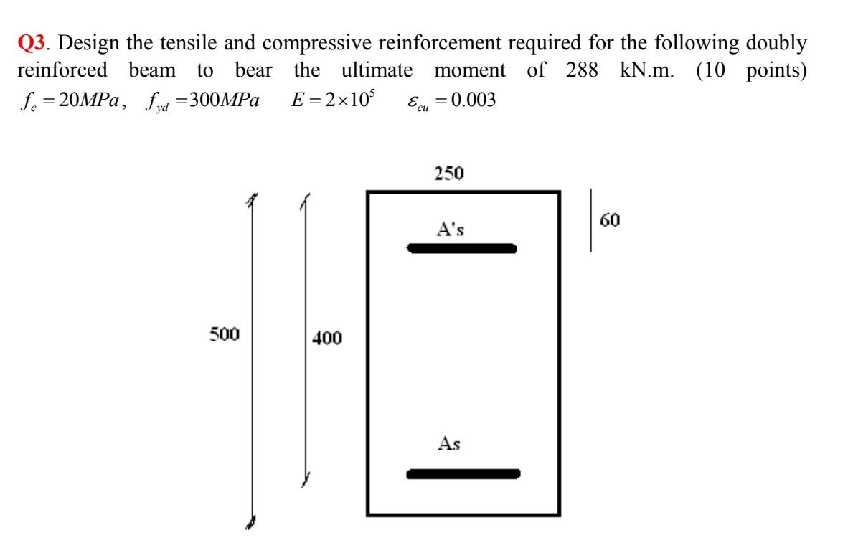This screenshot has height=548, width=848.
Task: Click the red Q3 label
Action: pyautogui.click(x=29, y=44)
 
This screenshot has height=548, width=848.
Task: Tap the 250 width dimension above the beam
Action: pyautogui.click(x=448, y=173)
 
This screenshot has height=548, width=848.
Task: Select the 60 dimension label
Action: pyautogui.click(x=611, y=219)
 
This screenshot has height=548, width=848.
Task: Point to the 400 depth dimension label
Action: pyautogui.click(x=327, y=337)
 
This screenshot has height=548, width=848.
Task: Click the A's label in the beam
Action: pyautogui.click(x=451, y=230)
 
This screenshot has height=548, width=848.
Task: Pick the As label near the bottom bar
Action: pyautogui.click(x=450, y=445)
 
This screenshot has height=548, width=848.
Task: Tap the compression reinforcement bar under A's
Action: pyautogui.click(x=461, y=249)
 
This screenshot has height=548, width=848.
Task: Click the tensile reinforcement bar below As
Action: pyautogui.click(x=463, y=473)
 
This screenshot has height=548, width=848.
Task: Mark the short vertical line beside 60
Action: pyautogui.click(x=591, y=220)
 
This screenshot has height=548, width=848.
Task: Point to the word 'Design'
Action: pyautogui.click(x=88, y=44)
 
